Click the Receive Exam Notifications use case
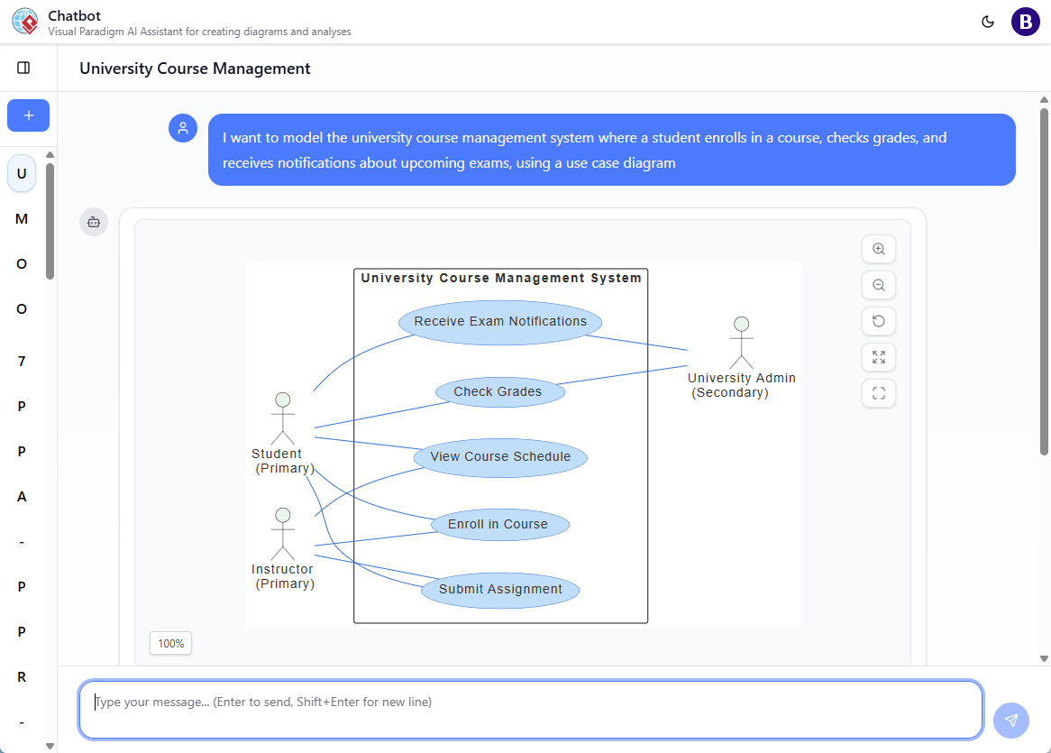(500, 322)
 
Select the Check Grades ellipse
(499, 392)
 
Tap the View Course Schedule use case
(500, 457)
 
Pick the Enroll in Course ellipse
(498, 525)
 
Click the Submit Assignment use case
(500, 590)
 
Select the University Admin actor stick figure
(741, 342)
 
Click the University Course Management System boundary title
(501, 279)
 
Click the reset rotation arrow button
(879, 321)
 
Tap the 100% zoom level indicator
(170, 644)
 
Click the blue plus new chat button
(28, 115)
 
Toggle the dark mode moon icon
(988, 22)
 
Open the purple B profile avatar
(1026, 22)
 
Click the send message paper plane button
(1011, 721)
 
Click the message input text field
(530, 710)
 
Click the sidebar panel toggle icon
(24, 68)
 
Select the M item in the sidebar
(22, 219)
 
